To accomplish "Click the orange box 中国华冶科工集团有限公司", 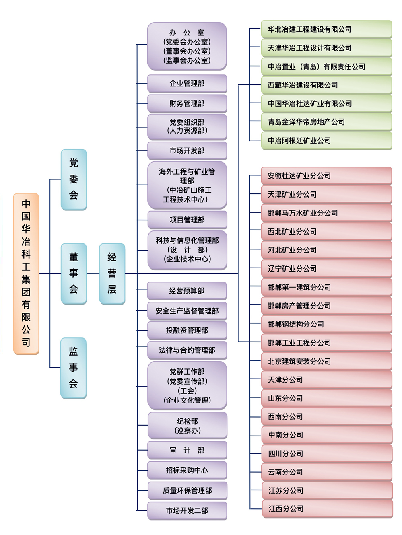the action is tap(26, 274).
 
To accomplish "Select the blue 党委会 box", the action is tap(74, 180).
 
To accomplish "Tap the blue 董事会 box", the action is tap(74, 274).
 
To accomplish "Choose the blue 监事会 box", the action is tap(73, 368).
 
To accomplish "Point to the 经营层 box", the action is tap(112, 274).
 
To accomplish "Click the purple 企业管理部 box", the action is tap(187, 84).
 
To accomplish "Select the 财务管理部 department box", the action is tap(187, 103).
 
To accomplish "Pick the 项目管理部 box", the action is tap(187, 220).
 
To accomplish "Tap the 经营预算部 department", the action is tap(187, 291).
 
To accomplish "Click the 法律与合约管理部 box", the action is tap(187, 350).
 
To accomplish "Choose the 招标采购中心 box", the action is tap(187, 470).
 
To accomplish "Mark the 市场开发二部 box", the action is tap(187, 510).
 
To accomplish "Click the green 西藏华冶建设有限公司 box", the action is tap(326, 85).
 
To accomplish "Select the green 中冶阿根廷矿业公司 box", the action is tap(326, 141).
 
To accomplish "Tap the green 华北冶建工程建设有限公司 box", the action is tap(326, 29).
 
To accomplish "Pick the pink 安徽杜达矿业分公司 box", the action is tap(326, 176).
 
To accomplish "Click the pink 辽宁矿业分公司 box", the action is tap(326, 269).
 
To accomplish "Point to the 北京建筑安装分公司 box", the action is tap(327, 362).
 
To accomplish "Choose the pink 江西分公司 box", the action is tap(328, 509).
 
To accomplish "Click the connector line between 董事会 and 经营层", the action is tap(93, 274).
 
